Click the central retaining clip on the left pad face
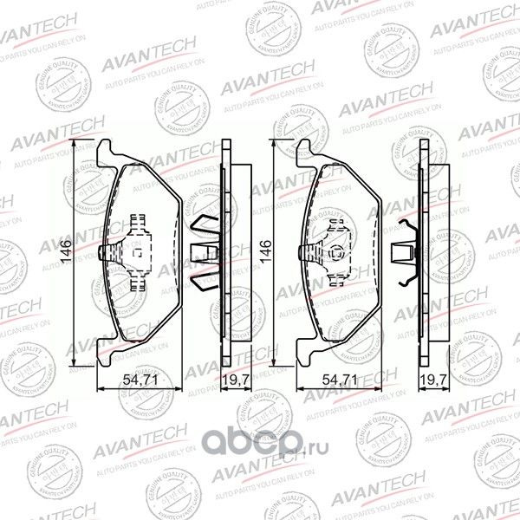pyautogui.click(x=136, y=252)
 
